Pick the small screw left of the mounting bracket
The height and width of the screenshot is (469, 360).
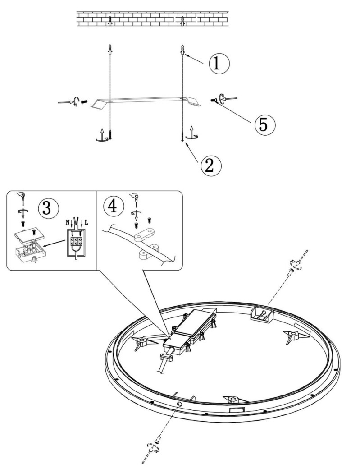pyautogui.click(x=84, y=102)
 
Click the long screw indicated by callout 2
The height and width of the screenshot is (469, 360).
pyautogui.click(x=182, y=135)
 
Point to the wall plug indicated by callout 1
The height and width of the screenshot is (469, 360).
pyautogui.click(x=182, y=50)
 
